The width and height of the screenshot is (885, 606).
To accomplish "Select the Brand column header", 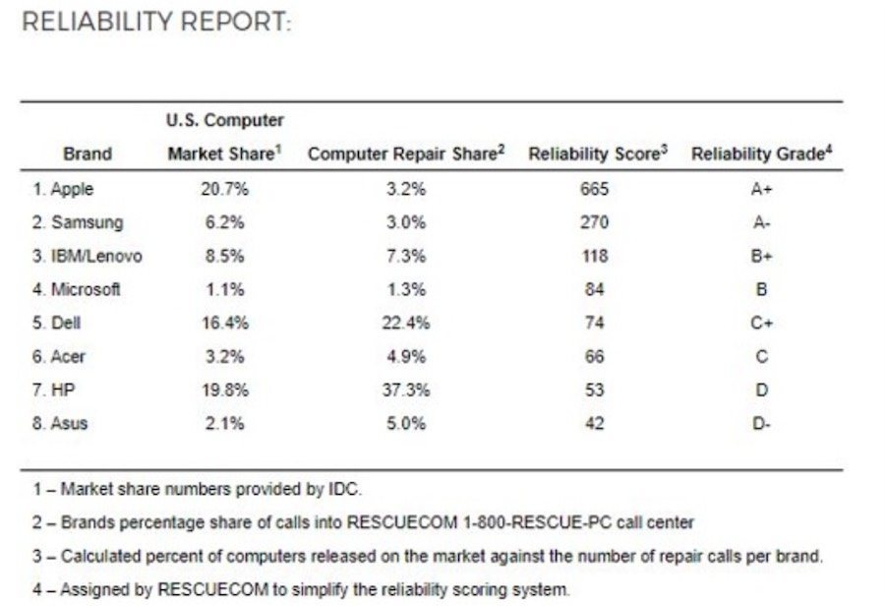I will click(x=88, y=153).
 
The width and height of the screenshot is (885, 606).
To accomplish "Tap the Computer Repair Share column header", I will click(x=406, y=153).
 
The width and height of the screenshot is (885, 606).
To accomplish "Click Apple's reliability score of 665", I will click(x=595, y=189).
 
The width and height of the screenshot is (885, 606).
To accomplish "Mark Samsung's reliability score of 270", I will click(x=595, y=222).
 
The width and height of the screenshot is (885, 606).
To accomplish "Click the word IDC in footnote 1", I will click(x=343, y=489).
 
